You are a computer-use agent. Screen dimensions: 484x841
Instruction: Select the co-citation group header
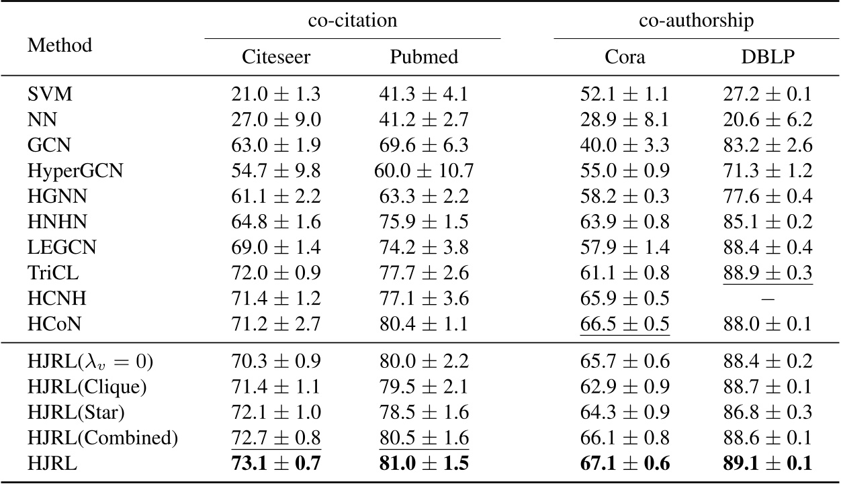(353, 21)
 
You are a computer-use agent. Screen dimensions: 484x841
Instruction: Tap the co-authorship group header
(695, 21)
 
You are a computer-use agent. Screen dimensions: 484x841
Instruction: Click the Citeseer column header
(276, 57)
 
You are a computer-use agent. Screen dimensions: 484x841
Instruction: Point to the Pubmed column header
(424, 57)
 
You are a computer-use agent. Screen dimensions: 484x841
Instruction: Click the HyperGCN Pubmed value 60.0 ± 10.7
(424, 171)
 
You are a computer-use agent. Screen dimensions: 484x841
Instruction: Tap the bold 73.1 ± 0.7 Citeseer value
(276, 463)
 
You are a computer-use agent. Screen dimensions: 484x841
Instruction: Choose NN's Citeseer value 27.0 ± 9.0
(276, 120)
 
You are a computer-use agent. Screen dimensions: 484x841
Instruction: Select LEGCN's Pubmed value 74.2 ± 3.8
(424, 247)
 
